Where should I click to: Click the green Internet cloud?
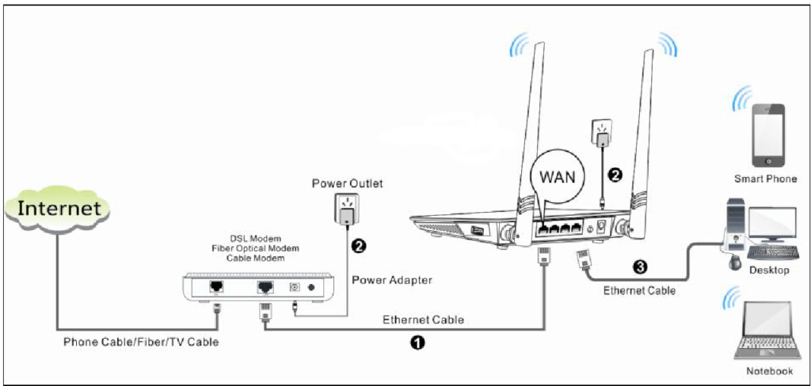tap(59, 208)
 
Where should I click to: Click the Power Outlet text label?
tap(347, 184)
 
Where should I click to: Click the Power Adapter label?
tap(392, 279)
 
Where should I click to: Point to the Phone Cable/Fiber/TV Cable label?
tap(140, 342)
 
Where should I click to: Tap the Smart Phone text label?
tap(765, 179)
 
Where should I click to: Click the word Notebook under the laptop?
tap(769, 371)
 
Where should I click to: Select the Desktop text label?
tap(769, 271)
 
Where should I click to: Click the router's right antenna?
tap(645, 134)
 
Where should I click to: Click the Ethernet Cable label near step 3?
tap(639, 290)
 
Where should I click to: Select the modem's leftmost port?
tap(215, 286)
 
